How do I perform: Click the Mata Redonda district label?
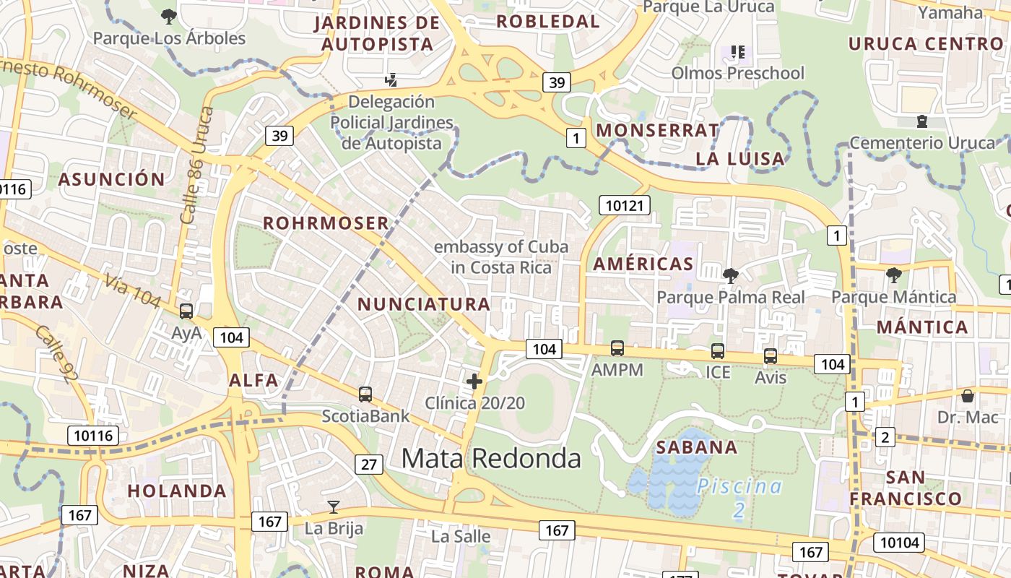(491, 458)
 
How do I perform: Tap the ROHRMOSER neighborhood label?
(326, 223)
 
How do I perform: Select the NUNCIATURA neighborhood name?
(424, 304)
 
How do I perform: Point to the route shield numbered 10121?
(625, 206)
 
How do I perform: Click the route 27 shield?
(368, 464)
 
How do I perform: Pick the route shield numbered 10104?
(899, 542)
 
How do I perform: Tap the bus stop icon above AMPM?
(617, 348)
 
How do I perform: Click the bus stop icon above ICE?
(718, 351)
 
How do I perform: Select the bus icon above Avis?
(771, 356)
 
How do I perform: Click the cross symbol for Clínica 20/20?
(474, 381)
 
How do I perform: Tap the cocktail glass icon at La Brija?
(333, 506)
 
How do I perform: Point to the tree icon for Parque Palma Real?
(730, 275)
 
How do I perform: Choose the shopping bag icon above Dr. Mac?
(968, 395)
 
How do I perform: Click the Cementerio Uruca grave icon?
(921, 121)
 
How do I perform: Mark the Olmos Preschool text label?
(737, 73)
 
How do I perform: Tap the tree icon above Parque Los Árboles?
(169, 15)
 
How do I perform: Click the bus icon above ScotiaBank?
(365, 394)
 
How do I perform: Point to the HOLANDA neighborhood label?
(177, 491)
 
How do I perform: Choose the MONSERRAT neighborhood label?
(656, 130)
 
